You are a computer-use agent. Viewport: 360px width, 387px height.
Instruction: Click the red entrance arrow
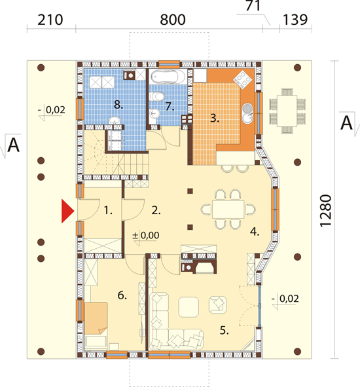point(67,212)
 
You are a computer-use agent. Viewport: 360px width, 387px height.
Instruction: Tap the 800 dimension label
point(173,20)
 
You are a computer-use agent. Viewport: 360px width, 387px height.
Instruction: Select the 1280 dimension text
point(325,211)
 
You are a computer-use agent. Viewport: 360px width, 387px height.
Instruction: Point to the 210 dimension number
point(50,20)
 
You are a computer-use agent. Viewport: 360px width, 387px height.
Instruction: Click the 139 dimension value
point(295,20)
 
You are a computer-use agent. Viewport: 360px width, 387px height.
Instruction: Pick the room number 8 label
point(118,105)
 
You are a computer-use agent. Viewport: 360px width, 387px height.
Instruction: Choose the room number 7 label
point(170,106)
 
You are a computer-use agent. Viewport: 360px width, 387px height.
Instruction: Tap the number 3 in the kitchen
point(215,118)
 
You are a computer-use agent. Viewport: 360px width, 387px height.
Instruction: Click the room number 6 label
point(122,295)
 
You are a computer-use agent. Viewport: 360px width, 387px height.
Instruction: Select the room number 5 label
point(224,330)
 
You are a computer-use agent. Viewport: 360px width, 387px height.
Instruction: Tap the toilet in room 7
point(157,96)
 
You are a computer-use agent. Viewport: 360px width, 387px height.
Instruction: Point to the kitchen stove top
point(243,79)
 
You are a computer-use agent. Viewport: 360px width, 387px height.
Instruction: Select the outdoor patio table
point(287,111)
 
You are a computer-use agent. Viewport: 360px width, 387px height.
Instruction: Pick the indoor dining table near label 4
point(228,210)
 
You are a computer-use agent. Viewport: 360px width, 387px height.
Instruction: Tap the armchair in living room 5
point(217,305)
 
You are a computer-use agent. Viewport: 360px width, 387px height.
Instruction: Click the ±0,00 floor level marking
point(146,235)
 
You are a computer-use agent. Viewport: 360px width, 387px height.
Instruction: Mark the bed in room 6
point(96,325)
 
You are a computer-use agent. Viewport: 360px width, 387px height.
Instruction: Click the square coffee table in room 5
point(189,307)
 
